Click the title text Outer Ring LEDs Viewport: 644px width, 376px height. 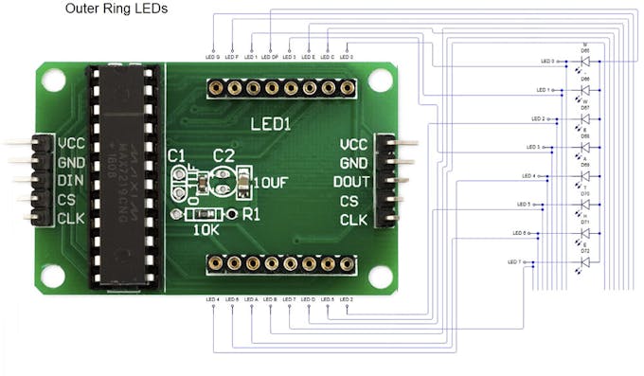(116, 9)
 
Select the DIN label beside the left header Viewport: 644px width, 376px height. (71, 181)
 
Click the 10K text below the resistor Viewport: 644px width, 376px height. (206, 229)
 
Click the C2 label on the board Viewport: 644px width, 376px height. (224, 155)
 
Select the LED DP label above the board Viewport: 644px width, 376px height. (270, 57)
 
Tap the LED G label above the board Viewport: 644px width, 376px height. (212, 57)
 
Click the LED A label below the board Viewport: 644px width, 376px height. (250, 299)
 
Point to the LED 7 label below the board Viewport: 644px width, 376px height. (289, 299)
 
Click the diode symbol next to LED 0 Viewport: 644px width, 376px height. (584, 62)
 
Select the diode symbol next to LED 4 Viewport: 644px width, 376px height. (584, 176)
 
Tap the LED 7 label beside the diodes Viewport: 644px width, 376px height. (515, 261)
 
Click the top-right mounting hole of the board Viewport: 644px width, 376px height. (381, 81)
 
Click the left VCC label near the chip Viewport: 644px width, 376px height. (72, 144)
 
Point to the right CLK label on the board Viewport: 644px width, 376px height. (353, 221)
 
